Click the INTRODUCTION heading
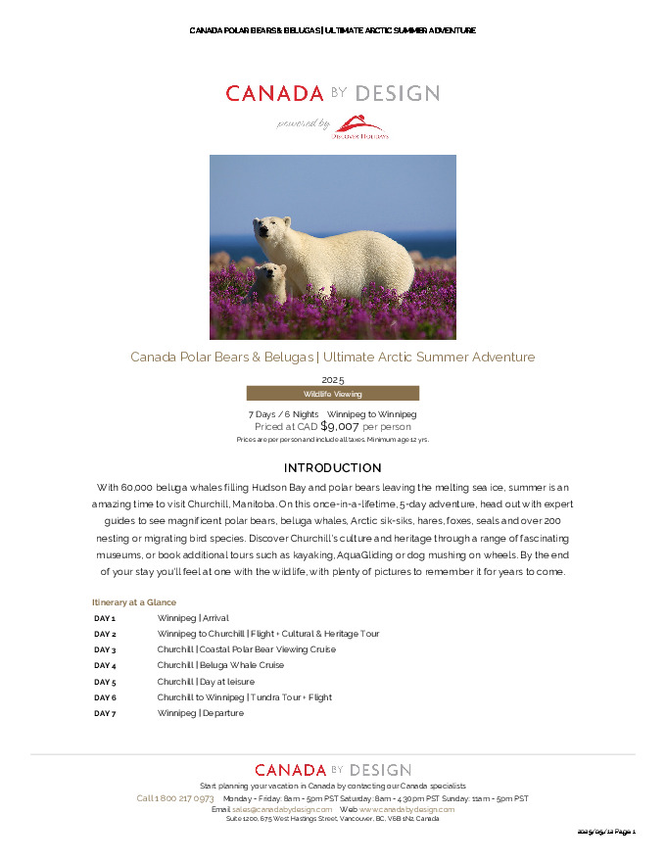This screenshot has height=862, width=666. pyautogui.click(x=332, y=468)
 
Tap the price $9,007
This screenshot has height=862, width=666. pyautogui.click(x=340, y=427)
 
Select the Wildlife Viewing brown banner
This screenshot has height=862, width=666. pyautogui.click(x=332, y=394)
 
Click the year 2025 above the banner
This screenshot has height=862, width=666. pyautogui.click(x=332, y=379)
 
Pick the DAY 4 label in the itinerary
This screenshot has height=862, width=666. pyautogui.click(x=105, y=666)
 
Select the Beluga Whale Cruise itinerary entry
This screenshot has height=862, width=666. pyautogui.click(x=220, y=666)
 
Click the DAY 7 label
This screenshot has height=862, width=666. pyautogui.click(x=105, y=714)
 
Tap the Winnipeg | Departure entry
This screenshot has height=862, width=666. pyautogui.click(x=200, y=714)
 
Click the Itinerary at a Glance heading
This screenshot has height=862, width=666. pyautogui.click(x=133, y=602)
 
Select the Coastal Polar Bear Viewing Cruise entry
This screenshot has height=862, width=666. pyautogui.click(x=246, y=649)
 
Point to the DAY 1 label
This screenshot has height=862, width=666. pyautogui.click(x=105, y=619)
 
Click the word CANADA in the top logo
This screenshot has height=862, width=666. pyautogui.click(x=274, y=94)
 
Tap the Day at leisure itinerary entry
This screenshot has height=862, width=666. pyautogui.click(x=206, y=682)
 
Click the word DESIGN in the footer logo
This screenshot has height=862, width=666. pyautogui.click(x=379, y=771)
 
